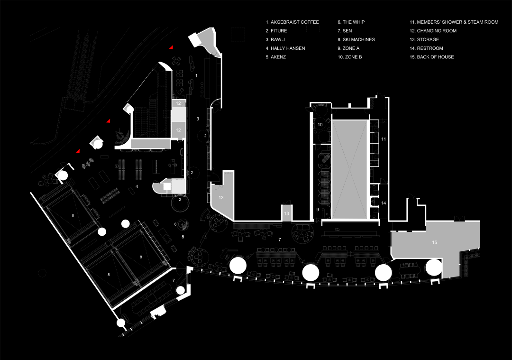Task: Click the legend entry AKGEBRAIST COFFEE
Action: [x=292, y=22]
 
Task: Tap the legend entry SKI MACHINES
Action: [x=356, y=40]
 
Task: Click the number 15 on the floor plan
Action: [x=434, y=242]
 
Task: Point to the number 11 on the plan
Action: [x=384, y=139]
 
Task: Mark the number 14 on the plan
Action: [x=384, y=203]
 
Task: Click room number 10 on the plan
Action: [x=320, y=124]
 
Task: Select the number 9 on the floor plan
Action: [x=318, y=209]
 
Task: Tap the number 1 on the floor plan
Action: [x=196, y=75]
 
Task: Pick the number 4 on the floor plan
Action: [x=137, y=187]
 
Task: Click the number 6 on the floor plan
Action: [x=175, y=224]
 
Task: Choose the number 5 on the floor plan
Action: [x=183, y=236]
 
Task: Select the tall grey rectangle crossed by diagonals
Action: [x=349, y=169]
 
